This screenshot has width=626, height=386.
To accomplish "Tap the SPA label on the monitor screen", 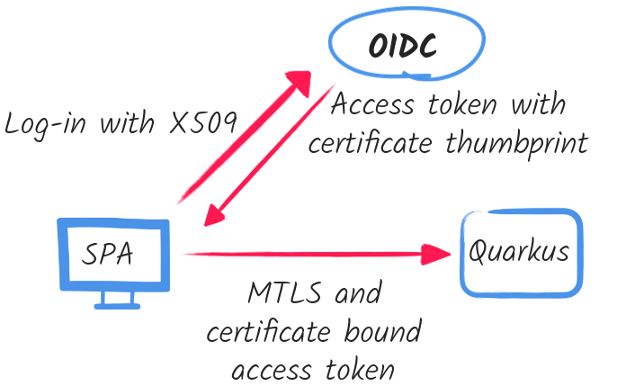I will coord(109,253).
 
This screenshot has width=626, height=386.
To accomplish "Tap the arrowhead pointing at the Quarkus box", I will coord(435,254).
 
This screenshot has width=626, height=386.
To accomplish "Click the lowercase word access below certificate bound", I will coord(272,370).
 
